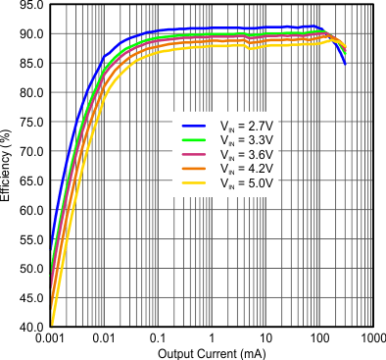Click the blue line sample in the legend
point(193,125)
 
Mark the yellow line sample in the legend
point(193,180)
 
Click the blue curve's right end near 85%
point(345,64)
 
